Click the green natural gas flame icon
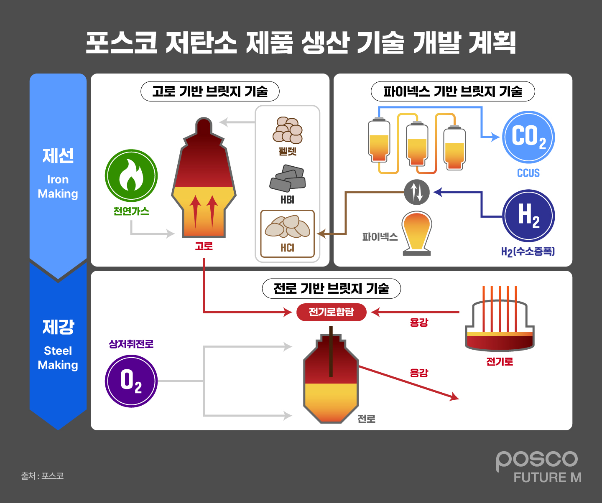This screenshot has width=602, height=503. [131, 176]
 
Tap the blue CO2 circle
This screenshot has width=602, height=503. [528, 137]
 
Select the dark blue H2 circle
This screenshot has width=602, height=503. [528, 216]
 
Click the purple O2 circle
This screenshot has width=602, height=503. [131, 381]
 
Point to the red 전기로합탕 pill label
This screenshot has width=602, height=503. [331, 312]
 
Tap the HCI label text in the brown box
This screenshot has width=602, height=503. [287, 248]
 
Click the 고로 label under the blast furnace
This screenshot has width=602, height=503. [204, 246]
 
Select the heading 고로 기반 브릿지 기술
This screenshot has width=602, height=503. [210, 91]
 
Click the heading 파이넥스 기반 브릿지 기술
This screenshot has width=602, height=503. [453, 91]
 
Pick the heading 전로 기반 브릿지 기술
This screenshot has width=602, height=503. [331, 289]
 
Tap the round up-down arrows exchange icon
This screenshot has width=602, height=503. [417, 192]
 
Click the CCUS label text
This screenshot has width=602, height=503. [528, 173]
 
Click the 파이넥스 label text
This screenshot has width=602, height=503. [380, 237]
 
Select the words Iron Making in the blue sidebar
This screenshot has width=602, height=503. [58, 187]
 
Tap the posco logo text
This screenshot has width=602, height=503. [537, 460]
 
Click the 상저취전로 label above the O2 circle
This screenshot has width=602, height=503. [131, 344]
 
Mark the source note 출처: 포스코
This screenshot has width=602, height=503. [42, 476]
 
